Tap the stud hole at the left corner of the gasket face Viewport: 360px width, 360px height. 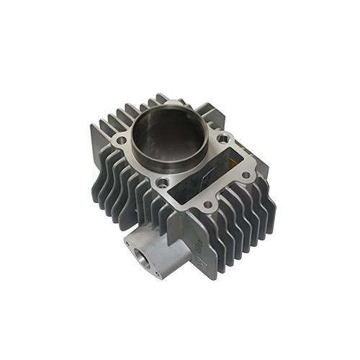point(121,140)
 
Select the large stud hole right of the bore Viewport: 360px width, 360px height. point(224,138)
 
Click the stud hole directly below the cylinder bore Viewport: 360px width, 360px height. point(165,181)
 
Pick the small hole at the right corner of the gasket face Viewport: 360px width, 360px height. point(246,174)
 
